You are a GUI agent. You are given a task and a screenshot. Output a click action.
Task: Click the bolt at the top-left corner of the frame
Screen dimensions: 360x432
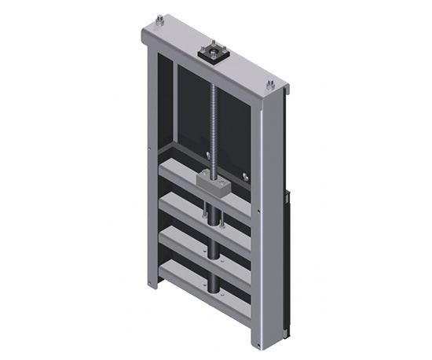point(159,20)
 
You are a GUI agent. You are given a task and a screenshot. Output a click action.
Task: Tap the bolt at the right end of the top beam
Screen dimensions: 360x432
point(270,86)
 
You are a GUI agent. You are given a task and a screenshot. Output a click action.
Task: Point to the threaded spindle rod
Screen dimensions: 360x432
point(214,118)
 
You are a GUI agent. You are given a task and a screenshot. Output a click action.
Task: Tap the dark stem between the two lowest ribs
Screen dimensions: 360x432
point(214,271)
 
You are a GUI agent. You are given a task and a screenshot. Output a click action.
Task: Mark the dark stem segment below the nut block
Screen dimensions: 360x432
point(213,208)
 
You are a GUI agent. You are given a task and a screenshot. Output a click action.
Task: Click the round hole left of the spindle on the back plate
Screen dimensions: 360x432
point(202,155)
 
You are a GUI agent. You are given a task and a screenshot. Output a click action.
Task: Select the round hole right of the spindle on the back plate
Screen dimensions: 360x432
point(244,174)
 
